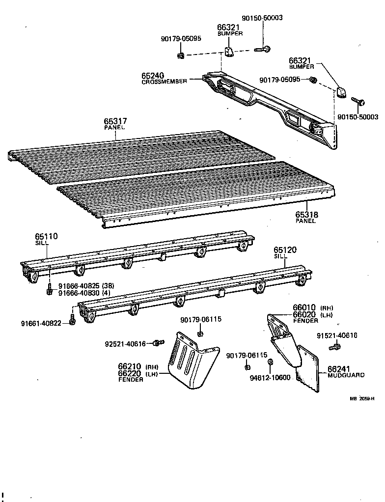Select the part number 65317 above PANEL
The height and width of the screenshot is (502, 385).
click(115, 121)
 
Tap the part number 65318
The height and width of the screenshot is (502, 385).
click(307, 215)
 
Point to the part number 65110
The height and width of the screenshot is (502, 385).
click(46, 236)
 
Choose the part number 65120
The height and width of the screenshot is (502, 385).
click(285, 250)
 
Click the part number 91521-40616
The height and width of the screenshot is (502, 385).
click(336, 335)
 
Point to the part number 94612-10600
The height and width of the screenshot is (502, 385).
click(270, 377)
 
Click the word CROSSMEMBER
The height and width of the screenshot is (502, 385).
click(164, 82)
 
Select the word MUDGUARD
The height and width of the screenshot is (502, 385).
click(346, 375)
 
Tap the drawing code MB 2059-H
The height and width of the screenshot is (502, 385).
click(362, 398)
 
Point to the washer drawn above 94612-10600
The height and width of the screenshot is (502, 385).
click(270, 363)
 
